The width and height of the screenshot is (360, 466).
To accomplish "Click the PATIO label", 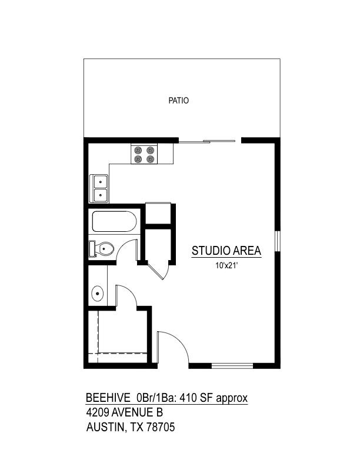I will (178, 101).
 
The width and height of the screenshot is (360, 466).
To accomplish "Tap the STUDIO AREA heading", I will (226, 251).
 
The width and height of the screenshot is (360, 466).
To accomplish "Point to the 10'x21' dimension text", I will (226, 266).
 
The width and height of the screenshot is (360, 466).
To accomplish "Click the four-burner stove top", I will (144, 154).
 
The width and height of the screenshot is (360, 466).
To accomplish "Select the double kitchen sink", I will (99, 188).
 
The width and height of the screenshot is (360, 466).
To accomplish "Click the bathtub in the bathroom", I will (115, 222).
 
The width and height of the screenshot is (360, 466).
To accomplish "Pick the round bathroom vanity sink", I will (98, 292).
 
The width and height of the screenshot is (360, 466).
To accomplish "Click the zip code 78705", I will (161, 428).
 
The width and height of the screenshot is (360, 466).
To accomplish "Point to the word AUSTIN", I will (105, 428).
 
